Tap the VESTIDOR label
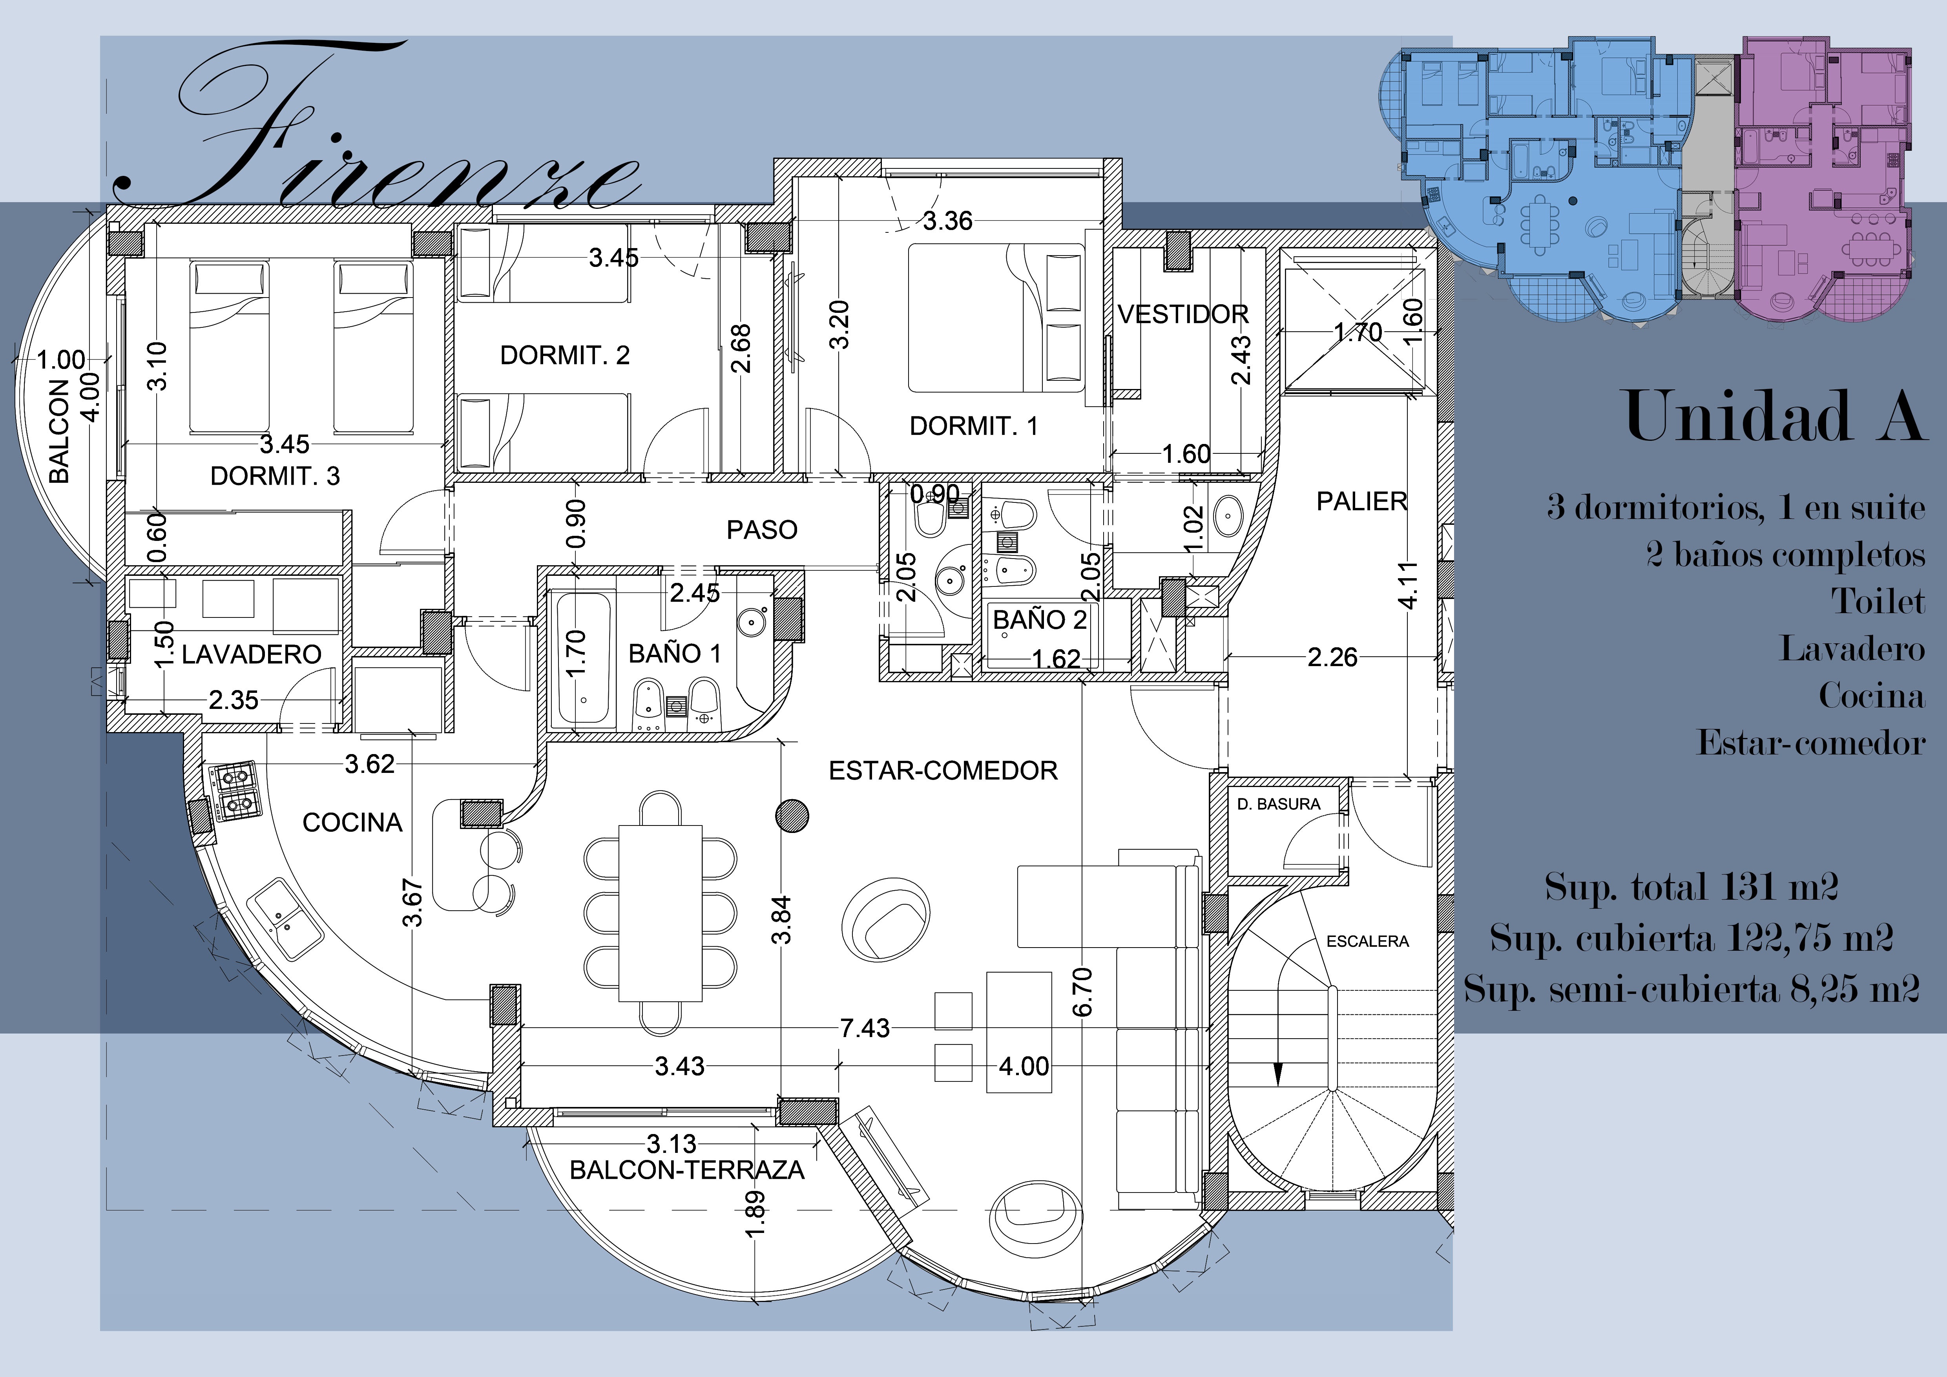tap(1183, 314)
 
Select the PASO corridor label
tap(761, 530)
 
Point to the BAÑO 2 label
tap(1040, 620)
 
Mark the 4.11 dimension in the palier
tap(1408, 586)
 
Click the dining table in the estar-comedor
tap(661, 913)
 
